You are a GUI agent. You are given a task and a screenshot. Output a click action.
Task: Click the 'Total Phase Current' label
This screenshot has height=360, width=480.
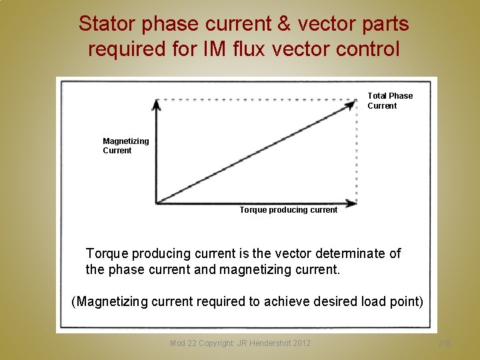click(x=390, y=101)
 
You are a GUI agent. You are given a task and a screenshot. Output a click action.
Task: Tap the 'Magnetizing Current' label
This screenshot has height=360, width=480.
click(x=125, y=145)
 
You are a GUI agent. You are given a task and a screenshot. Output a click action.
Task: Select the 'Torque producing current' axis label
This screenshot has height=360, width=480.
click(x=288, y=210)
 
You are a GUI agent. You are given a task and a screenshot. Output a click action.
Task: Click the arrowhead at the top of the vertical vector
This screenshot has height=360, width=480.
click(x=155, y=104)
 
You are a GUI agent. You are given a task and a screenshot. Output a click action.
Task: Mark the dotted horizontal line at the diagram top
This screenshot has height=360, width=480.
click(x=253, y=99)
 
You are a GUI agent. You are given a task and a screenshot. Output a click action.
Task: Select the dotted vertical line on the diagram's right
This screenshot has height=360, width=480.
click(x=357, y=152)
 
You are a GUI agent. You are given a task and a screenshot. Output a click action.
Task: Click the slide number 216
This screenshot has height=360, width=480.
click(x=445, y=343)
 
